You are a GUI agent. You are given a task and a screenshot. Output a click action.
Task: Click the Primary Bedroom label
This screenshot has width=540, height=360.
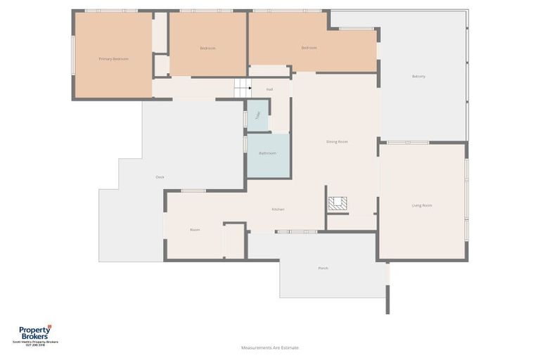pyautogui.click(x=114, y=59)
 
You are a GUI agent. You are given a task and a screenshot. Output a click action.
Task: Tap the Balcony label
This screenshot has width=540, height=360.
pyautogui.click(x=418, y=76)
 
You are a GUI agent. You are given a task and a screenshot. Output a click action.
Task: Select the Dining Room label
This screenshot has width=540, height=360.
pyautogui.click(x=337, y=142)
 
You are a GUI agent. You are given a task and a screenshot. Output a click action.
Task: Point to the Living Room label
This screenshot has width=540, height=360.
pyautogui.click(x=422, y=205)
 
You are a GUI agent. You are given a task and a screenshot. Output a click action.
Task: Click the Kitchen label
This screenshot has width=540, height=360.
pyautogui.click(x=278, y=209)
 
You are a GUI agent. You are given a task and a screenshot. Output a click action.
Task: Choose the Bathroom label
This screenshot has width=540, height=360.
pyautogui.click(x=267, y=153)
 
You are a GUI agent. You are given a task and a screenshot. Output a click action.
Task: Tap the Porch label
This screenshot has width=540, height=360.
pyautogui.click(x=323, y=268)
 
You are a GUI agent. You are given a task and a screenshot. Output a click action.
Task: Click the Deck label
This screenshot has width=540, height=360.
pyautogui.click(x=160, y=177)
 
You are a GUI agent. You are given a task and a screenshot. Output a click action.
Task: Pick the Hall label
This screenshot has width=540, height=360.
pyautogui.click(x=269, y=89)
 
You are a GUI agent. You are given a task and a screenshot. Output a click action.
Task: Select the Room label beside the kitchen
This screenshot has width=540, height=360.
pyautogui.click(x=195, y=230)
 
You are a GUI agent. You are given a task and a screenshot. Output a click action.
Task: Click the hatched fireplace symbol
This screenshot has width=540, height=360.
pyautogui.click(x=337, y=203)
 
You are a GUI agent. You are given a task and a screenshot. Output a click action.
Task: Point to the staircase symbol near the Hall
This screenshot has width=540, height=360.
pyautogui.click(x=243, y=88)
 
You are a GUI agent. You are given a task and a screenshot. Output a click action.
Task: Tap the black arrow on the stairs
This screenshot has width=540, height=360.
pyautogui.click(x=249, y=89)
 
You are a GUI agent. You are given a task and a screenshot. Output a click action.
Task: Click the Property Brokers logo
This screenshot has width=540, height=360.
pyautogui.click(x=35, y=333)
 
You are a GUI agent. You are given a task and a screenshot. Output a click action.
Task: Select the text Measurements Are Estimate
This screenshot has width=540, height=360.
pyautogui.click(x=270, y=347)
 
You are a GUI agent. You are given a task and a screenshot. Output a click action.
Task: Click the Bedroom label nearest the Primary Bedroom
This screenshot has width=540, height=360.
pyautogui.click(x=207, y=48)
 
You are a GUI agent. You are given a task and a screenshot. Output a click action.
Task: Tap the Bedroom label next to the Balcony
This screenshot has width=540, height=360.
pyautogui.click(x=309, y=48)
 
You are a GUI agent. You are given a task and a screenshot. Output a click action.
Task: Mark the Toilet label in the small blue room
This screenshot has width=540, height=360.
pyautogui.click(x=258, y=116)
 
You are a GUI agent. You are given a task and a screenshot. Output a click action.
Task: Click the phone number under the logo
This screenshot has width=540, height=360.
pyautogui.click(x=35, y=345)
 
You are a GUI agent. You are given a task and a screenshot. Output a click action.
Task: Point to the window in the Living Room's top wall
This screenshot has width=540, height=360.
pyautogui.click(x=408, y=143)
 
